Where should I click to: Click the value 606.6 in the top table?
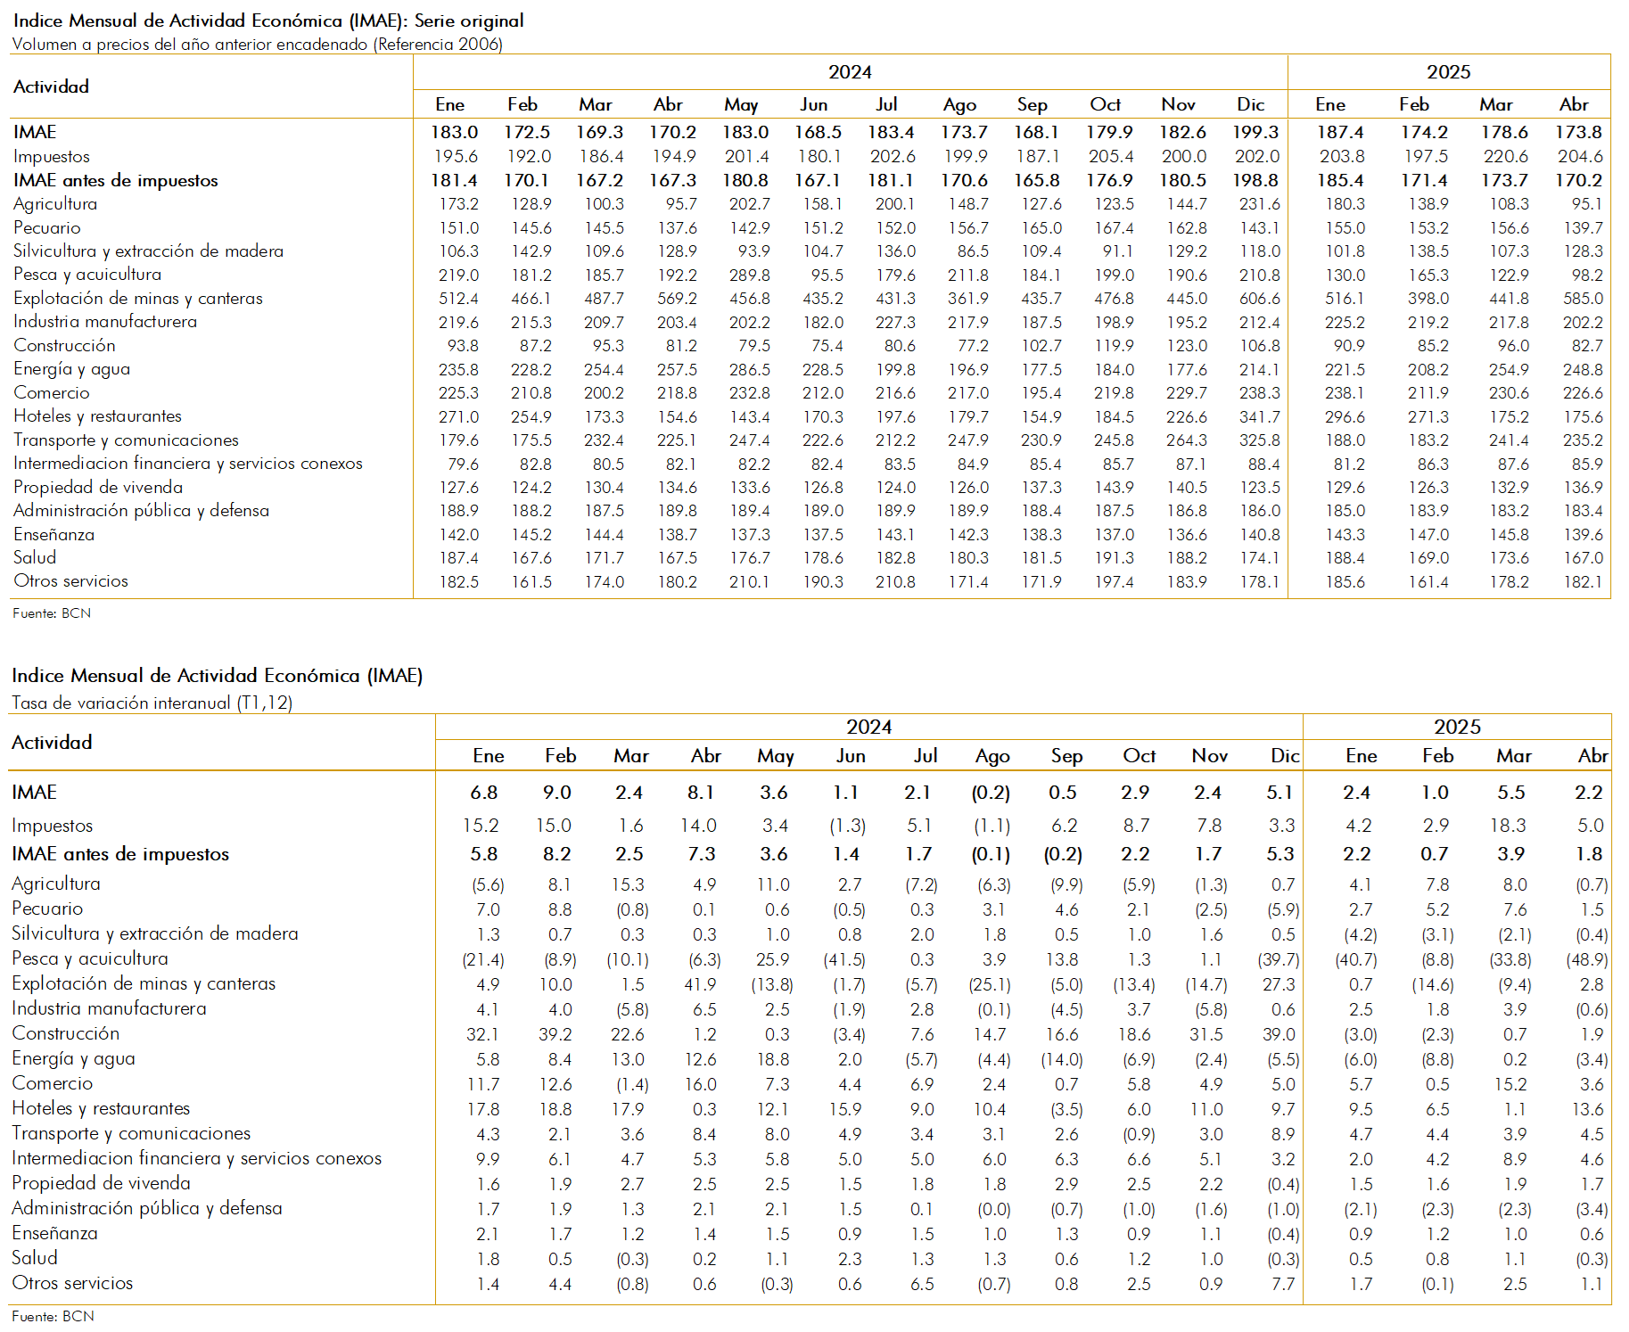[1259, 299]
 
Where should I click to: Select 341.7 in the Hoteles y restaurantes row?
[1259, 416]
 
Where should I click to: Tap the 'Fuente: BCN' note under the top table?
[52, 613]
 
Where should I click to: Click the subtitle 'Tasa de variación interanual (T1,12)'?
[152, 703]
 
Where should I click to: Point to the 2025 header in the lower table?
[1457, 727]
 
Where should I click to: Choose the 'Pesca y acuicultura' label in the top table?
[87, 275]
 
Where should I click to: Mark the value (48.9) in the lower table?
[1587, 960]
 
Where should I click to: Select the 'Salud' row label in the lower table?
[35, 1258]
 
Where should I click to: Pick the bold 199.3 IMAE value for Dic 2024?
[1255, 132]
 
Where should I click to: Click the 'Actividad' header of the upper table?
[51, 86]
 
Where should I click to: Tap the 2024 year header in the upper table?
[850, 72]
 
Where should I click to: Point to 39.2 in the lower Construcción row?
[555, 1035]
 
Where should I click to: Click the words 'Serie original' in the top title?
[469, 21]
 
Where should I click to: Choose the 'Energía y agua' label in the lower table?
[73, 1059]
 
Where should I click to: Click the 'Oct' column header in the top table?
[1106, 104]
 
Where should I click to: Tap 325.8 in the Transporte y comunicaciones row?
[1259, 440]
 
